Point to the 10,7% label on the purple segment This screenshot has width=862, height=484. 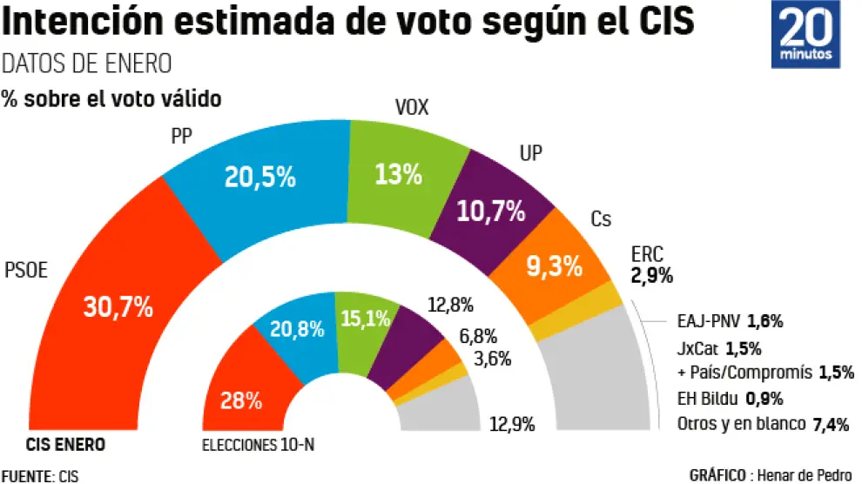coord(492,210)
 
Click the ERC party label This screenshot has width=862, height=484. coord(647,255)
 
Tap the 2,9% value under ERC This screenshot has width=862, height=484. coord(651,276)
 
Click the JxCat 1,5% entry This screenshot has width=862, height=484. coord(718,349)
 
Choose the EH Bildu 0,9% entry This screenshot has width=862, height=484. coord(730,400)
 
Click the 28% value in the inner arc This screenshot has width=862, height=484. coord(241,400)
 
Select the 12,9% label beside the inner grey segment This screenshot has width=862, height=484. coord(511,424)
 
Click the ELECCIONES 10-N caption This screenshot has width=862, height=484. coord(258,446)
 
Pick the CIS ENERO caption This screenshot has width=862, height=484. coord(66,445)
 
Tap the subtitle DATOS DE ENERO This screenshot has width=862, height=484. coord(87,64)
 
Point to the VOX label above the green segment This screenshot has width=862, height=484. coord(412,108)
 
